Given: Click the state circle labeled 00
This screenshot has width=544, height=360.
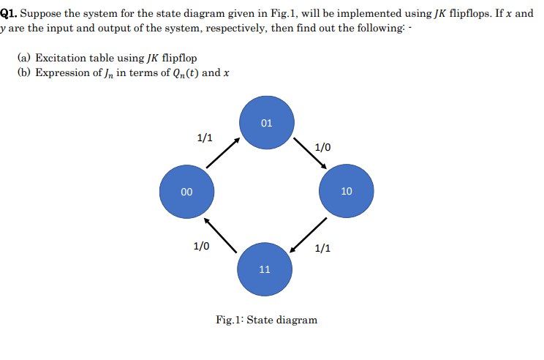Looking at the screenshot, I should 186,192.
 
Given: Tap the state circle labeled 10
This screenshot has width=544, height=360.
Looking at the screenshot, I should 346,192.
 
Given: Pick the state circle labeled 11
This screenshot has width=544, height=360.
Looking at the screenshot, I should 265,269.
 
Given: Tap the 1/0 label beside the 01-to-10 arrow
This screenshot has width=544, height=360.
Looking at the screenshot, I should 322,147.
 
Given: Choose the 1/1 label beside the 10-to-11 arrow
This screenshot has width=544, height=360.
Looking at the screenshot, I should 322,247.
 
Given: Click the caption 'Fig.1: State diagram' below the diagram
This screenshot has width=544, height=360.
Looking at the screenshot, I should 267,320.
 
